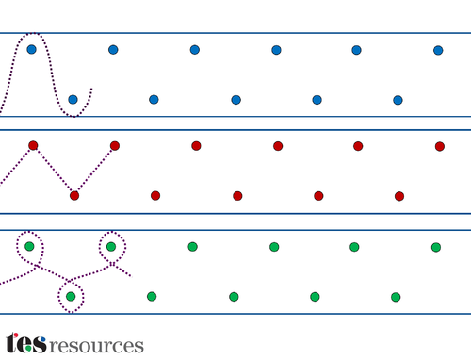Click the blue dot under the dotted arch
tap(31, 49)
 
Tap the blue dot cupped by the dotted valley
tap(73, 100)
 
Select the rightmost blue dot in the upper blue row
tap(438, 50)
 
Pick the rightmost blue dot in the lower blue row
tap(398, 100)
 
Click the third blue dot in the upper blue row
tap(195, 50)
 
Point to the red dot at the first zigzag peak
tap(33, 145)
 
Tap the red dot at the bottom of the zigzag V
tap(74, 196)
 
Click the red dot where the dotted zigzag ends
tap(115, 146)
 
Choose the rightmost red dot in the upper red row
tap(440, 146)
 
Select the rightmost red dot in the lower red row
tap(399, 196)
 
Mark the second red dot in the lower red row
tap(155, 196)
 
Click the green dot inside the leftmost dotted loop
tap(29, 246)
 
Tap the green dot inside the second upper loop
tap(111, 247)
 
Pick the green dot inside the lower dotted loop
tap(71, 296)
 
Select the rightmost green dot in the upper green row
tap(436, 247)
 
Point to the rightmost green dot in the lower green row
tap(396, 297)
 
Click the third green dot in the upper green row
tap(192, 247)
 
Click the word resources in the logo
tap(96, 346)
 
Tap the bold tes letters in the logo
tap(26, 343)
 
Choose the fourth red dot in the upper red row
tap(278, 146)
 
